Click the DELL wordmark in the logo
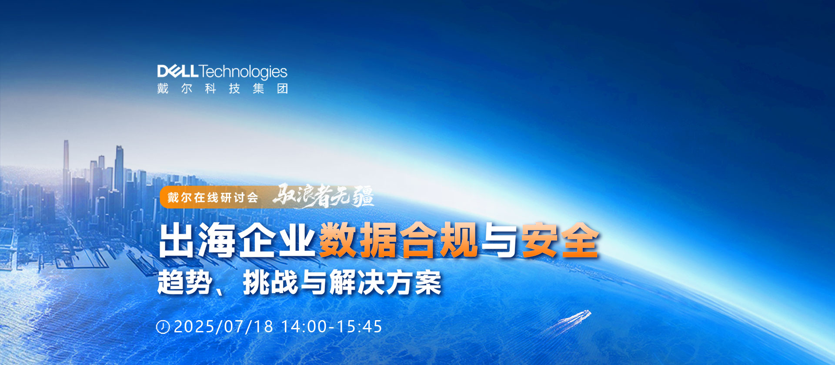[x=178, y=71]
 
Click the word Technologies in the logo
[x=243, y=72]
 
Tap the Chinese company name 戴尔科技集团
[x=223, y=88]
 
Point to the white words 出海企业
[x=237, y=240]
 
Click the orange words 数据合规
[x=398, y=240]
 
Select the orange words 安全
[x=560, y=240]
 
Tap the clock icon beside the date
[x=163, y=327]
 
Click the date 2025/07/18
[x=224, y=327]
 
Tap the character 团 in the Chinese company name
[x=283, y=88]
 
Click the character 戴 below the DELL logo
[x=163, y=88]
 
